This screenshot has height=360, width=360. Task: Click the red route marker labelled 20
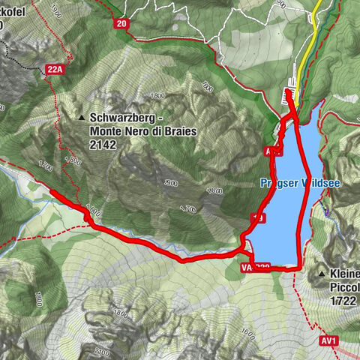121,24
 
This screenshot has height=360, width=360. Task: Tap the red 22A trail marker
54,70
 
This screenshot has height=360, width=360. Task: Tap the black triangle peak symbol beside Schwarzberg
82,118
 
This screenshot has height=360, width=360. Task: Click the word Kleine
343,274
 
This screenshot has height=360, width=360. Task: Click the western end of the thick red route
52,193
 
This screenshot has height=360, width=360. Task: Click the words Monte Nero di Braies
133,130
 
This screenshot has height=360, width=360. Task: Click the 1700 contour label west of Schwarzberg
46,165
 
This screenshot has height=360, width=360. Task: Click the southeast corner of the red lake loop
300,267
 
